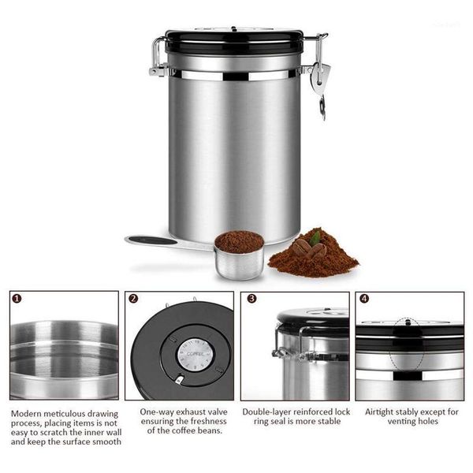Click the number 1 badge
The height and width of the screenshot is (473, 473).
click(x=17, y=299)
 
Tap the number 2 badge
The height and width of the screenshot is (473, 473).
click(x=133, y=299)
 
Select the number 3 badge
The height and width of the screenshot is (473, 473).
click(x=251, y=299)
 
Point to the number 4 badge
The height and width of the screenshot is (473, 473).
click(x=364, y=299)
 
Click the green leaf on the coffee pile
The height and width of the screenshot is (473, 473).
click(x=315, y=238)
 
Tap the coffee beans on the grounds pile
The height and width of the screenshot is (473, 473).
click(x=310, y=248)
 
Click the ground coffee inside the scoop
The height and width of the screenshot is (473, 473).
click(x=239, y=241)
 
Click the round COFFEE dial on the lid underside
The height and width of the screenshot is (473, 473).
click(x=195, y=354)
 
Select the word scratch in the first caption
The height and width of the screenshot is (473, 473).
click(x=53, y=432)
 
